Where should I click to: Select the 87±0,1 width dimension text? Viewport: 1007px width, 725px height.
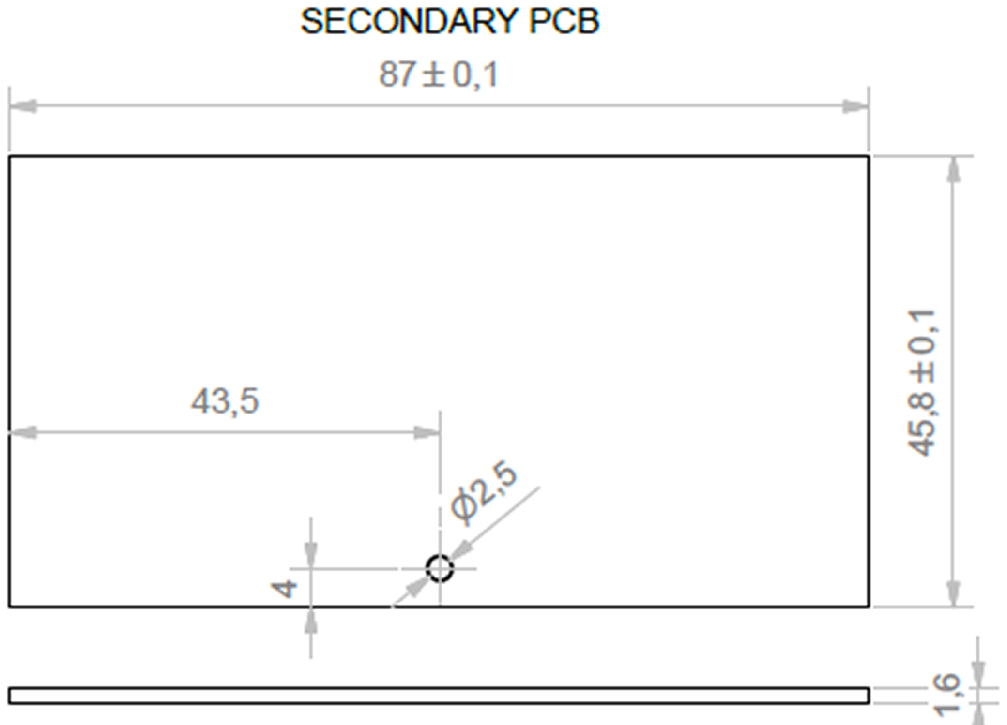(x=439, y=75)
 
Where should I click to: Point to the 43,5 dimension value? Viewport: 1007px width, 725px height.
(x=225, y=401)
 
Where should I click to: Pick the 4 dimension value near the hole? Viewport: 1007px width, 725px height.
(x=284, y=589)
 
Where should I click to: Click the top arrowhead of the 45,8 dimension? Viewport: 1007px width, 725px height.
(x=953, y=170)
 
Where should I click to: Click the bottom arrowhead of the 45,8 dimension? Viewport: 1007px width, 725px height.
(x=953, y=592)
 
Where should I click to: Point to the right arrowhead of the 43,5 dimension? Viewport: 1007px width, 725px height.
(x=427, y=432)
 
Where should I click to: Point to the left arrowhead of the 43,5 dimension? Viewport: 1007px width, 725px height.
(x=23, y=432)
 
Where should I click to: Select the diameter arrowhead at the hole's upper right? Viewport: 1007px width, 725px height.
(x=461, y=551)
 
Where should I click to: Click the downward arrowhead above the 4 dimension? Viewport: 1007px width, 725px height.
(x=311, y=554)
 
